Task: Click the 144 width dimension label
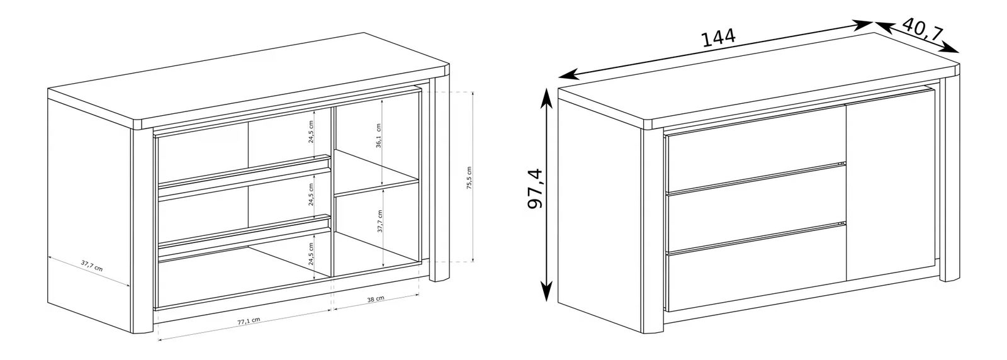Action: [718, 38]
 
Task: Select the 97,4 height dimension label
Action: [535, 189]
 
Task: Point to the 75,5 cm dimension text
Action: [469, 179]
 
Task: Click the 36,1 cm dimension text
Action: [378, 135]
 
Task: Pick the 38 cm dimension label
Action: [375, 299]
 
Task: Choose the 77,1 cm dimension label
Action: [249, 321]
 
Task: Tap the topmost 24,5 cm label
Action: [311, 132]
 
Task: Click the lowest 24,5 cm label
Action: [311, 254]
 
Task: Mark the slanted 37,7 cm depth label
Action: [92, 266]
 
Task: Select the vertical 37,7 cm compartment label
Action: [380, 221]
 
